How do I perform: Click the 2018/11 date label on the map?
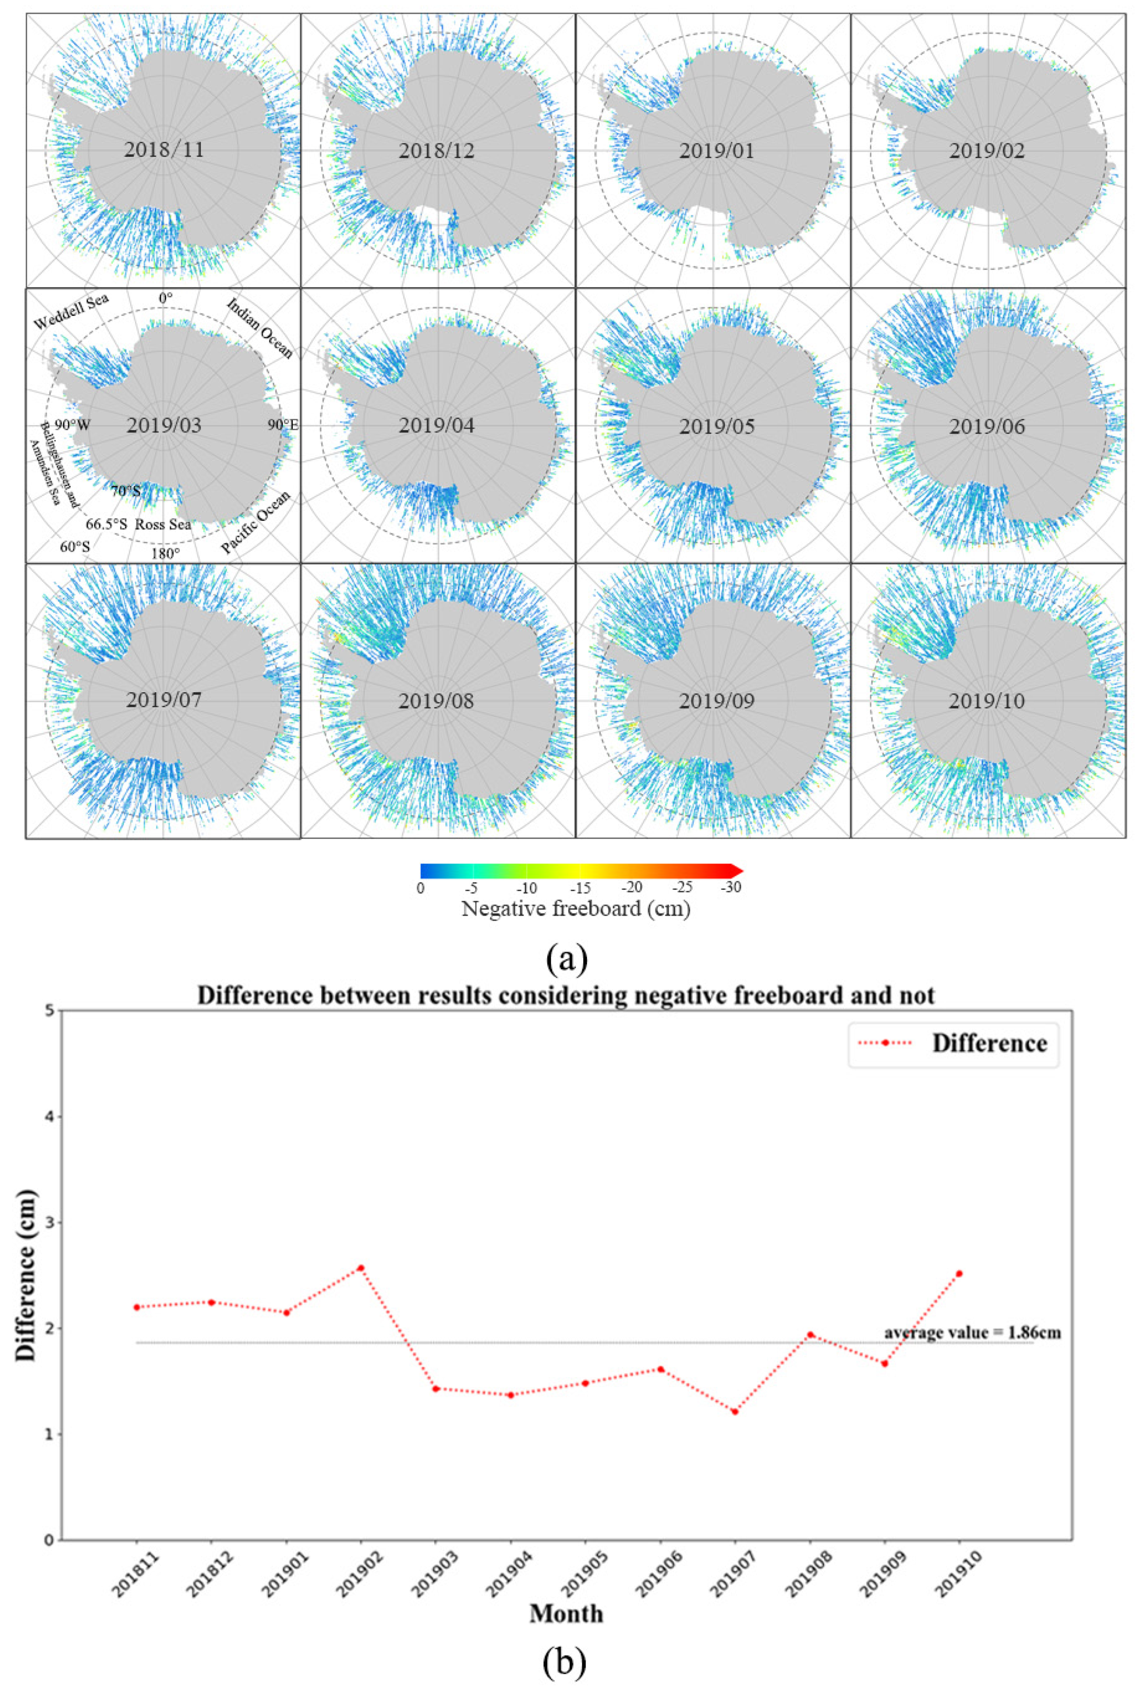coord(164,151)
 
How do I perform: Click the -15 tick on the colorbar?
coord(580,888)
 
